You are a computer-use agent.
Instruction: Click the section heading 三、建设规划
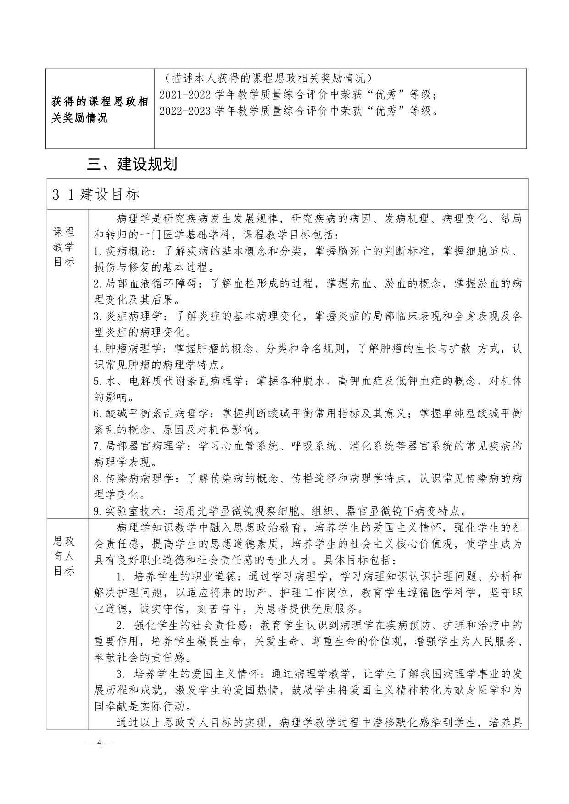(x=132, y=164)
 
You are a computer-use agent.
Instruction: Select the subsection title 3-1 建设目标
(x=96, y=194)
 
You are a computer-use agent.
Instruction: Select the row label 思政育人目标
(x=64, y=556)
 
